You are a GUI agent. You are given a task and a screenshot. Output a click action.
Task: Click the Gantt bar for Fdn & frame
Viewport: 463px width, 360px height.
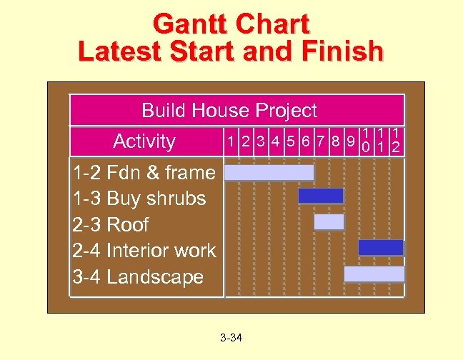(x=269, y=173)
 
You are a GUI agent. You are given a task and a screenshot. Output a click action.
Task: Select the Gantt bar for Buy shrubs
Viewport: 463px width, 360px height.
(x=321, y=196)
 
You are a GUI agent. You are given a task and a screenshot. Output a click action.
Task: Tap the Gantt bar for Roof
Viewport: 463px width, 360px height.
(x=329, y=222)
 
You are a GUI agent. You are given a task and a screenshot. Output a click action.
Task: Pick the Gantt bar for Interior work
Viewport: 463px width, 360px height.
(x=381, y=247)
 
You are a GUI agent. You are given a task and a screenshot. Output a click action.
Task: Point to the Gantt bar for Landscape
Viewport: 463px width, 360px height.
(x=374, y=274)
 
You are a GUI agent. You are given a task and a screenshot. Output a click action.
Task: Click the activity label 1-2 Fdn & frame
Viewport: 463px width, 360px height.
(x=144, y=172)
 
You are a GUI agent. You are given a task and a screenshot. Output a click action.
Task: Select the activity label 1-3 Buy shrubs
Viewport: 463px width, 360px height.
(x=139, y=199)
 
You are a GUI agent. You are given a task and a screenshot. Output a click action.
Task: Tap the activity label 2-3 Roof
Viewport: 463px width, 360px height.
(x=111, y=224)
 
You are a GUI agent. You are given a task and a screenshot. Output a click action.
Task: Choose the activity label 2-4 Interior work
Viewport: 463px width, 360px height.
(x=144, y=251)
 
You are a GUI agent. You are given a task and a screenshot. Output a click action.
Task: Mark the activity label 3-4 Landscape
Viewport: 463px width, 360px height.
(x=138, y=277)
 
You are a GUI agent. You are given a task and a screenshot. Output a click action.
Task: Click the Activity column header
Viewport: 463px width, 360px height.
(x=144, y=141)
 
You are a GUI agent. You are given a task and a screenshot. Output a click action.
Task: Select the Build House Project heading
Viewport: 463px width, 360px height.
(x=229, y=111)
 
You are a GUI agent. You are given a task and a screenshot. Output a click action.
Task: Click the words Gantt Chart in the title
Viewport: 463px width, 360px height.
(x=231, y=24)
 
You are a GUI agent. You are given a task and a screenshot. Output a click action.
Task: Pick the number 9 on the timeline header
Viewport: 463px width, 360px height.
(x=351, y=141)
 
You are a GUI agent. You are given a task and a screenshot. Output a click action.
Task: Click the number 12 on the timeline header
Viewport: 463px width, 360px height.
(x=396, y=141)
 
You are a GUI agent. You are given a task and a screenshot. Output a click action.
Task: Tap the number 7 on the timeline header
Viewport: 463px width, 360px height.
(x=321, y=141)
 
